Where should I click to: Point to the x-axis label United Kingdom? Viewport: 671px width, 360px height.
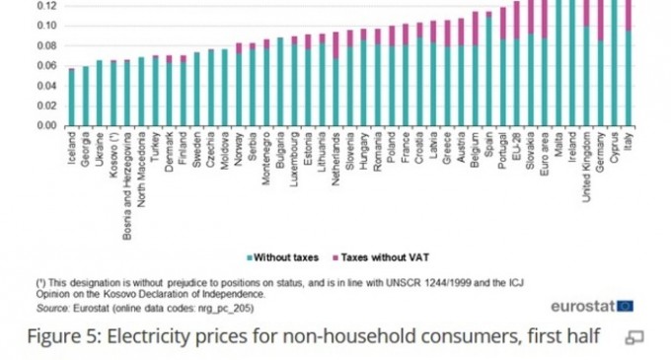[x=587, y=168]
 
